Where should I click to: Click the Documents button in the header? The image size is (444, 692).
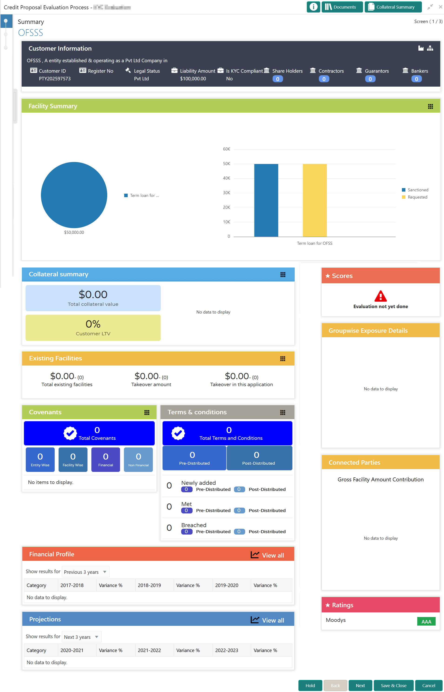pyautogui.click(x=342, y=7)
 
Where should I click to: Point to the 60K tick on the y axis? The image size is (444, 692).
pyautogui.click(x=226, y=149)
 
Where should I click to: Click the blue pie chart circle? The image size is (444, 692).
pyautogui.click(x=74, y=195)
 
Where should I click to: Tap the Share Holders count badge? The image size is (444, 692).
pyautogui.click(x=277, y=79)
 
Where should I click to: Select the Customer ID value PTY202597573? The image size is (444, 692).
pyautogui.click(x=55, y=78)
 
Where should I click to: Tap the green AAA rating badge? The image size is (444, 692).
pyautogui.click(x=426, y=621)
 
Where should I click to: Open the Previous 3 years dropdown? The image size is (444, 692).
pyautogui.click(x=86, y=572)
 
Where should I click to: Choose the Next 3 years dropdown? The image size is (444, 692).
pyautogui.click(x=82, y=637)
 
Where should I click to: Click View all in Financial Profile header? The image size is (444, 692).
pyautogui.click(x=267, y=555)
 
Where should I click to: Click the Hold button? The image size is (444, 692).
pyautogui.click(x=310, y=685)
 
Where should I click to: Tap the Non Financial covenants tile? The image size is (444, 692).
pyautogui.click(x=138, y=459)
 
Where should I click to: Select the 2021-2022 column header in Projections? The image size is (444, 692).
pyautogui.click(x=149, y=650)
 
